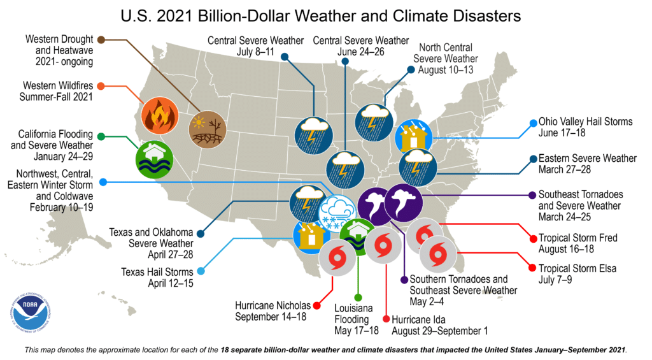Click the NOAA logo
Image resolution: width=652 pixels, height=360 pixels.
31,312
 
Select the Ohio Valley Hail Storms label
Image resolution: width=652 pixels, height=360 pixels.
585,127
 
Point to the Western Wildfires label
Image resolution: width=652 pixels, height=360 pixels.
58,91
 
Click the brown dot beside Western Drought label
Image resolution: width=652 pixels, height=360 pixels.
101,40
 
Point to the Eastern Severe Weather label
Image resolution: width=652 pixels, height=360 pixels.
587,164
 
